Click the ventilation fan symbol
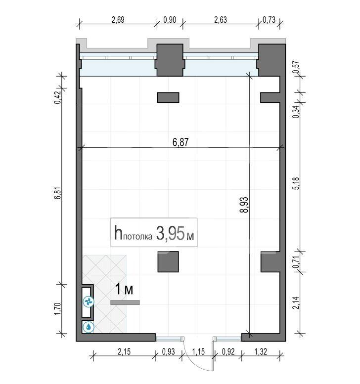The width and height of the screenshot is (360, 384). pyautogui.click(x=88, y=301)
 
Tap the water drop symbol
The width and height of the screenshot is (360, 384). pyautogui.click(x=88, y=327)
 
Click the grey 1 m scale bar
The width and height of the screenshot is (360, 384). pyautogui.click(x=125, y=302)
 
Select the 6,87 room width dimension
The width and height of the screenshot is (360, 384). pyautogui.click(x=180, y=142)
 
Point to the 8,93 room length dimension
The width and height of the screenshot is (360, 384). pyautogui.click(x=244, y=205)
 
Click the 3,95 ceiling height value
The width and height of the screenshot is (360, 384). pyautogui.click(x=170, y=233)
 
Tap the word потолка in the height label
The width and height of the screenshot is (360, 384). pyautogui.click(x=137, y=237)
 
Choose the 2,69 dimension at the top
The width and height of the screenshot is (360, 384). pyautogui.click(x=118, y=20)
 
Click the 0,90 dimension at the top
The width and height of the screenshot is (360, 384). pyautogui.click(x=170, y=20)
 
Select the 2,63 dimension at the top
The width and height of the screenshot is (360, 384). pyautogui.click(x=221, y=20)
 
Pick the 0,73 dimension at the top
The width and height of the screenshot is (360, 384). pyautogui.click(x=269, y=20)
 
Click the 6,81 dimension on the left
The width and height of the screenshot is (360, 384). pyautogui.click(x=57, y=194)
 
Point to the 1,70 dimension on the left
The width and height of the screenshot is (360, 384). pyautogui.click(x=57, y=309)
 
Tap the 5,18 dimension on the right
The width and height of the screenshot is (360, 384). pyautogui.click(x=296, y=183)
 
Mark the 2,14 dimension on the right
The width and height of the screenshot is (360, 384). pyautogui.click(x=296, y=302)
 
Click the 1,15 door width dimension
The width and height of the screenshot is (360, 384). pyautogui.click(x=198, y=352)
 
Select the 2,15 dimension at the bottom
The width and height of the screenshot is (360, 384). pyautogui.click(x=124, y=352)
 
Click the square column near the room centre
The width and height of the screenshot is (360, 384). pyautogui.click(x=168, y=261)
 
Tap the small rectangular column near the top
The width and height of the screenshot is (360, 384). pyautogui.click(x=168, y=97)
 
